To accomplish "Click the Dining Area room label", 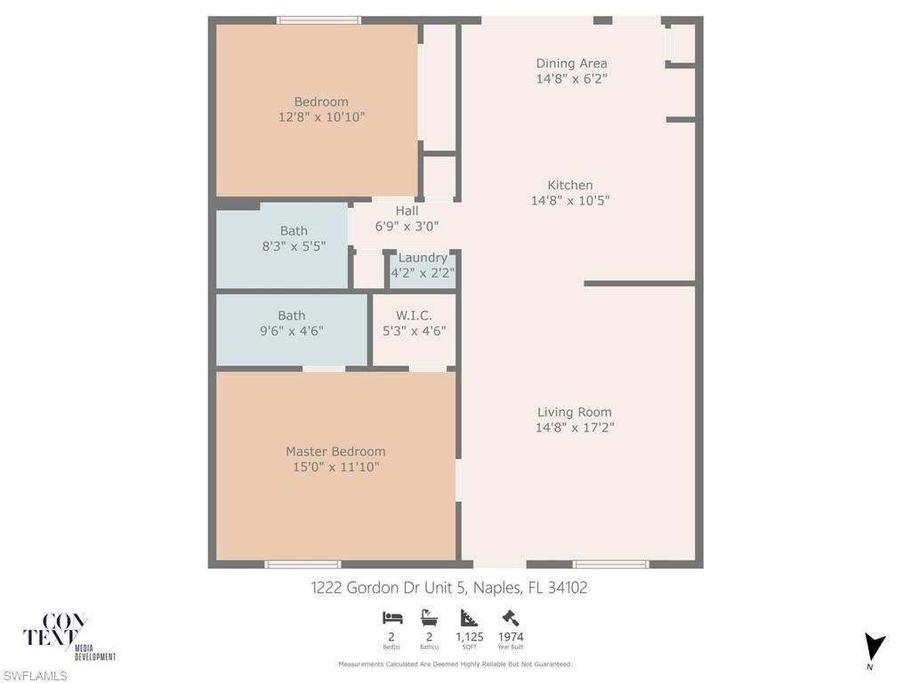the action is (x=571, y=63).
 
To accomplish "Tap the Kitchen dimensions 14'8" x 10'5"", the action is (x=570, y=200).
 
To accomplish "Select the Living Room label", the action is (x=574, y=413).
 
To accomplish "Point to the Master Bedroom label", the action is (x=335, y=451).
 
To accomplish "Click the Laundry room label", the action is (x=423, y=258).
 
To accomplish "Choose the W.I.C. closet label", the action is (x=414, y=316).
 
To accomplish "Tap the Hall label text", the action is (x=407, y=211).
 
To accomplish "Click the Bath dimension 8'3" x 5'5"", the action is (x=294, y=246).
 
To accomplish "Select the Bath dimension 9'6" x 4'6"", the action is (x=291, y=331).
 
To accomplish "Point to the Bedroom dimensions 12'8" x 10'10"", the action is (x=321, y=117).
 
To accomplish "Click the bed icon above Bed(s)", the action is (x=392, y=617).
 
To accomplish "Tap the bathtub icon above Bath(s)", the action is (x=430, y=617).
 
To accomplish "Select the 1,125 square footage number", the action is (x=470, y=637).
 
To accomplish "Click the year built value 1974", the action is (x=511, y=637).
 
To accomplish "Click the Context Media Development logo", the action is (x=68, y=637).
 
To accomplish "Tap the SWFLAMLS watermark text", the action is (x=34, y=676).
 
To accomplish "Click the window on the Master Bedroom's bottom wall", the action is (x=302, y=565).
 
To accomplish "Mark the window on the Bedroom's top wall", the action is (x=318, y=20).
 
